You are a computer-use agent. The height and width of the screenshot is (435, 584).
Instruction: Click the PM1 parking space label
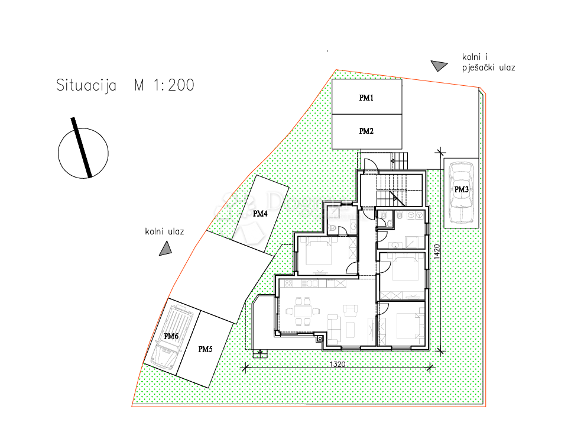366,98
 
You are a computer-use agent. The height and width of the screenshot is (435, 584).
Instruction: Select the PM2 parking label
366,131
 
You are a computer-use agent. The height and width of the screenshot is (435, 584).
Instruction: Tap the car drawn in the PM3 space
461,191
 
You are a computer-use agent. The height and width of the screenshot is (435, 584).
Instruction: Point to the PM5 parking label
205,349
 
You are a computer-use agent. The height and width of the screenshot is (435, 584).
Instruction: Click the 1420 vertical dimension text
437,253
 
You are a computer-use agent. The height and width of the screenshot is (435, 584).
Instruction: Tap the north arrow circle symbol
83,152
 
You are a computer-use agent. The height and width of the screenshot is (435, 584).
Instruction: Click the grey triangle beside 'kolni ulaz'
166,250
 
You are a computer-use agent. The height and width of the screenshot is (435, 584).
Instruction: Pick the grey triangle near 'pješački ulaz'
438,66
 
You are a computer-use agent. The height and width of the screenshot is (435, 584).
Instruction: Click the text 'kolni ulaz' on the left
164,231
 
